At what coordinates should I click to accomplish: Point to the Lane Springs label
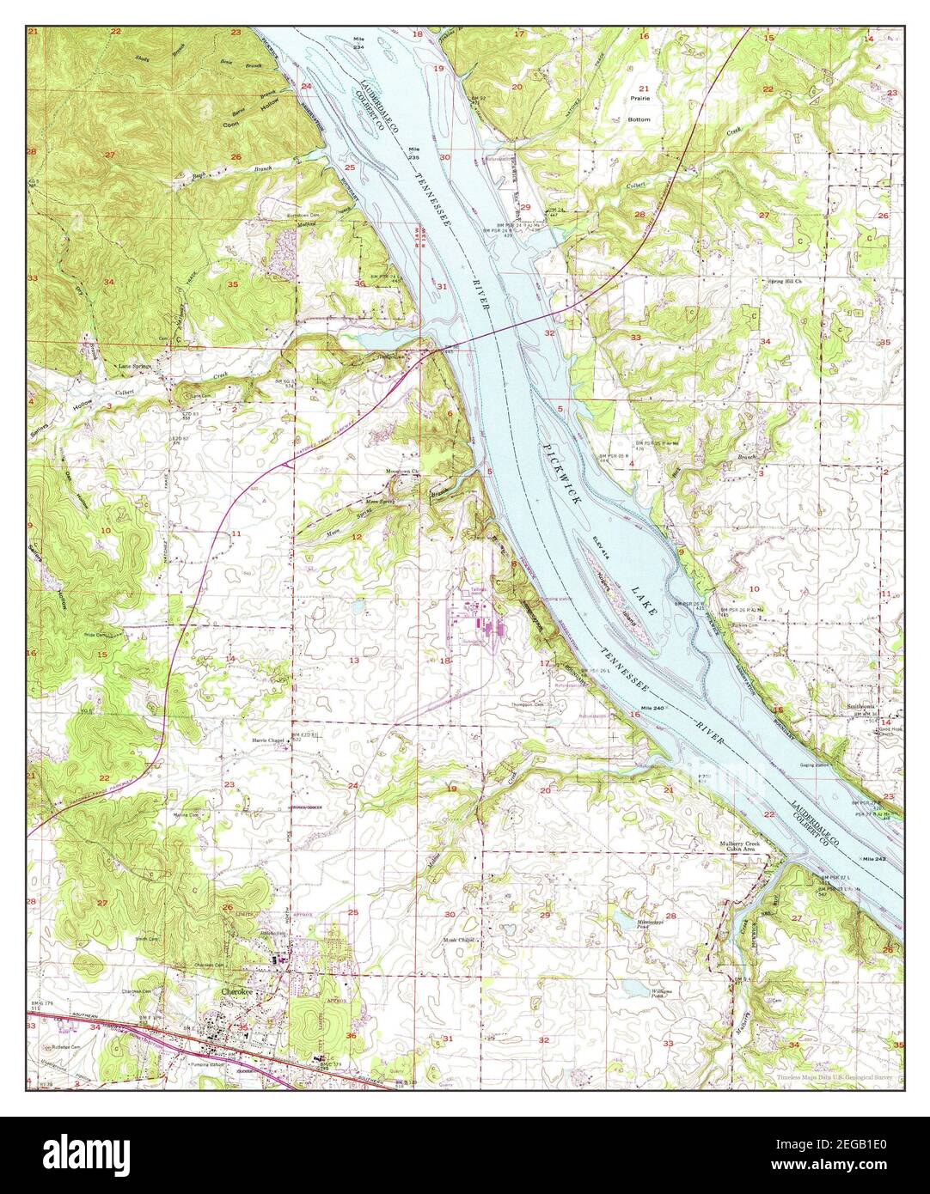[133, 366]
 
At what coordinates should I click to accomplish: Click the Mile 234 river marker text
[358, 43]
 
